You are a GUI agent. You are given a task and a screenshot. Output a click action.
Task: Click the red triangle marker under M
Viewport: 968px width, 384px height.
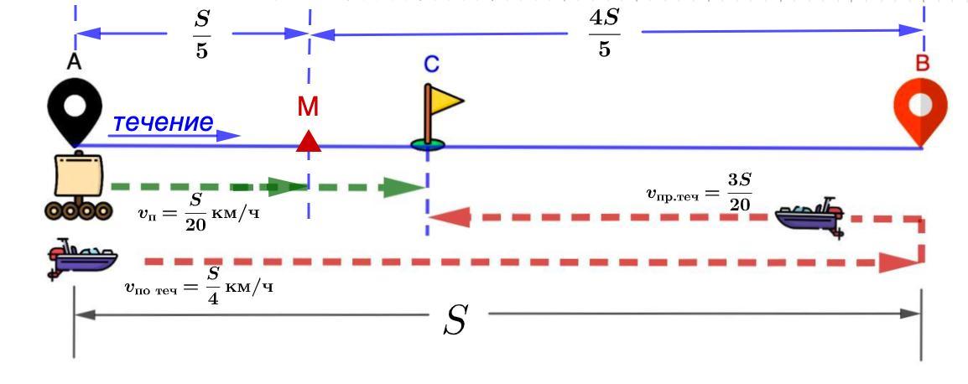(x=309, y=142)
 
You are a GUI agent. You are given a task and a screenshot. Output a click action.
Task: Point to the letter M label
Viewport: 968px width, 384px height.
(x=308, y=106)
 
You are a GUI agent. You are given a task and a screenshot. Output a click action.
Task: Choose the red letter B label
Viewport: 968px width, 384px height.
(x=922, y=64)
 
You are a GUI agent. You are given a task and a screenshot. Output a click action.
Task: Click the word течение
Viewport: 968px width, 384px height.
(x=163, y=122)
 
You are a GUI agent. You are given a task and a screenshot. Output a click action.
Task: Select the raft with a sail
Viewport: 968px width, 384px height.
(x=76, y=187)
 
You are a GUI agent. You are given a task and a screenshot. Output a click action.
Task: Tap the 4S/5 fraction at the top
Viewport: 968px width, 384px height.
(x=605, y=36)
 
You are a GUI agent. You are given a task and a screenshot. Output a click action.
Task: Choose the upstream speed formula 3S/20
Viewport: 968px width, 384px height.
(x=699, y=195)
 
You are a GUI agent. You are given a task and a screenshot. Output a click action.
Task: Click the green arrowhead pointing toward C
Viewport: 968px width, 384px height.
(x=403, y=187)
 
